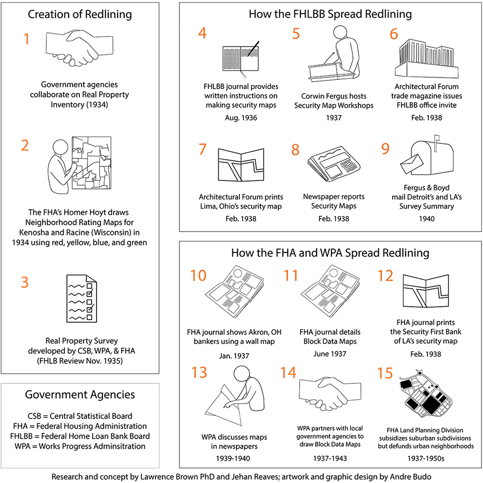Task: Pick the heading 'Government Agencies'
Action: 80,395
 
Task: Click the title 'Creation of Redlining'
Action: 80,14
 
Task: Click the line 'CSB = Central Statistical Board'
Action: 80,416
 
